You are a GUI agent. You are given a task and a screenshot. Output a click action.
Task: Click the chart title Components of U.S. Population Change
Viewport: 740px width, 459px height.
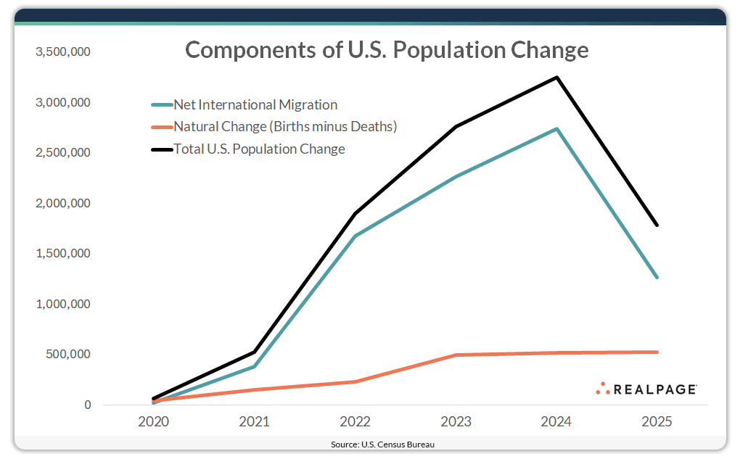386,50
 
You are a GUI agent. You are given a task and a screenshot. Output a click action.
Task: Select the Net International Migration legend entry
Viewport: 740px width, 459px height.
255,105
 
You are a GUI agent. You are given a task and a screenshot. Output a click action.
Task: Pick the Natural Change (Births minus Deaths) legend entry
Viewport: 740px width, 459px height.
285,127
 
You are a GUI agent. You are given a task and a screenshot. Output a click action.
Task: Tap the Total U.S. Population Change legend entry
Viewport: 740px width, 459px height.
259,149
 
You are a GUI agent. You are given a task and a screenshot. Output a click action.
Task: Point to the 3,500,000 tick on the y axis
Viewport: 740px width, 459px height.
63,52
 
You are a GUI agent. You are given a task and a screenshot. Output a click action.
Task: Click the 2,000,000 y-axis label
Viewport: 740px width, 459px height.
63,204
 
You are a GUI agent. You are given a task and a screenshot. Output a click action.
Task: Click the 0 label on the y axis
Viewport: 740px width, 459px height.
88,405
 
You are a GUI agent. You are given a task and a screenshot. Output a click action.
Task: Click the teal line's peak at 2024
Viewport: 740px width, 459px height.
556,129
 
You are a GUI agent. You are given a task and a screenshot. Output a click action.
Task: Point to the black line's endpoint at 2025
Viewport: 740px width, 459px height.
657,225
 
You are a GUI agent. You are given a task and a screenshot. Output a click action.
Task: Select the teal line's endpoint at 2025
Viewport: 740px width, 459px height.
657,277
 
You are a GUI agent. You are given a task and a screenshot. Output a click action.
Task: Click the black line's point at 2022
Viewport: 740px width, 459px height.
355,214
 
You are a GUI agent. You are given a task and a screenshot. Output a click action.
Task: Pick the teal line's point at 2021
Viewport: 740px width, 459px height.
255,366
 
